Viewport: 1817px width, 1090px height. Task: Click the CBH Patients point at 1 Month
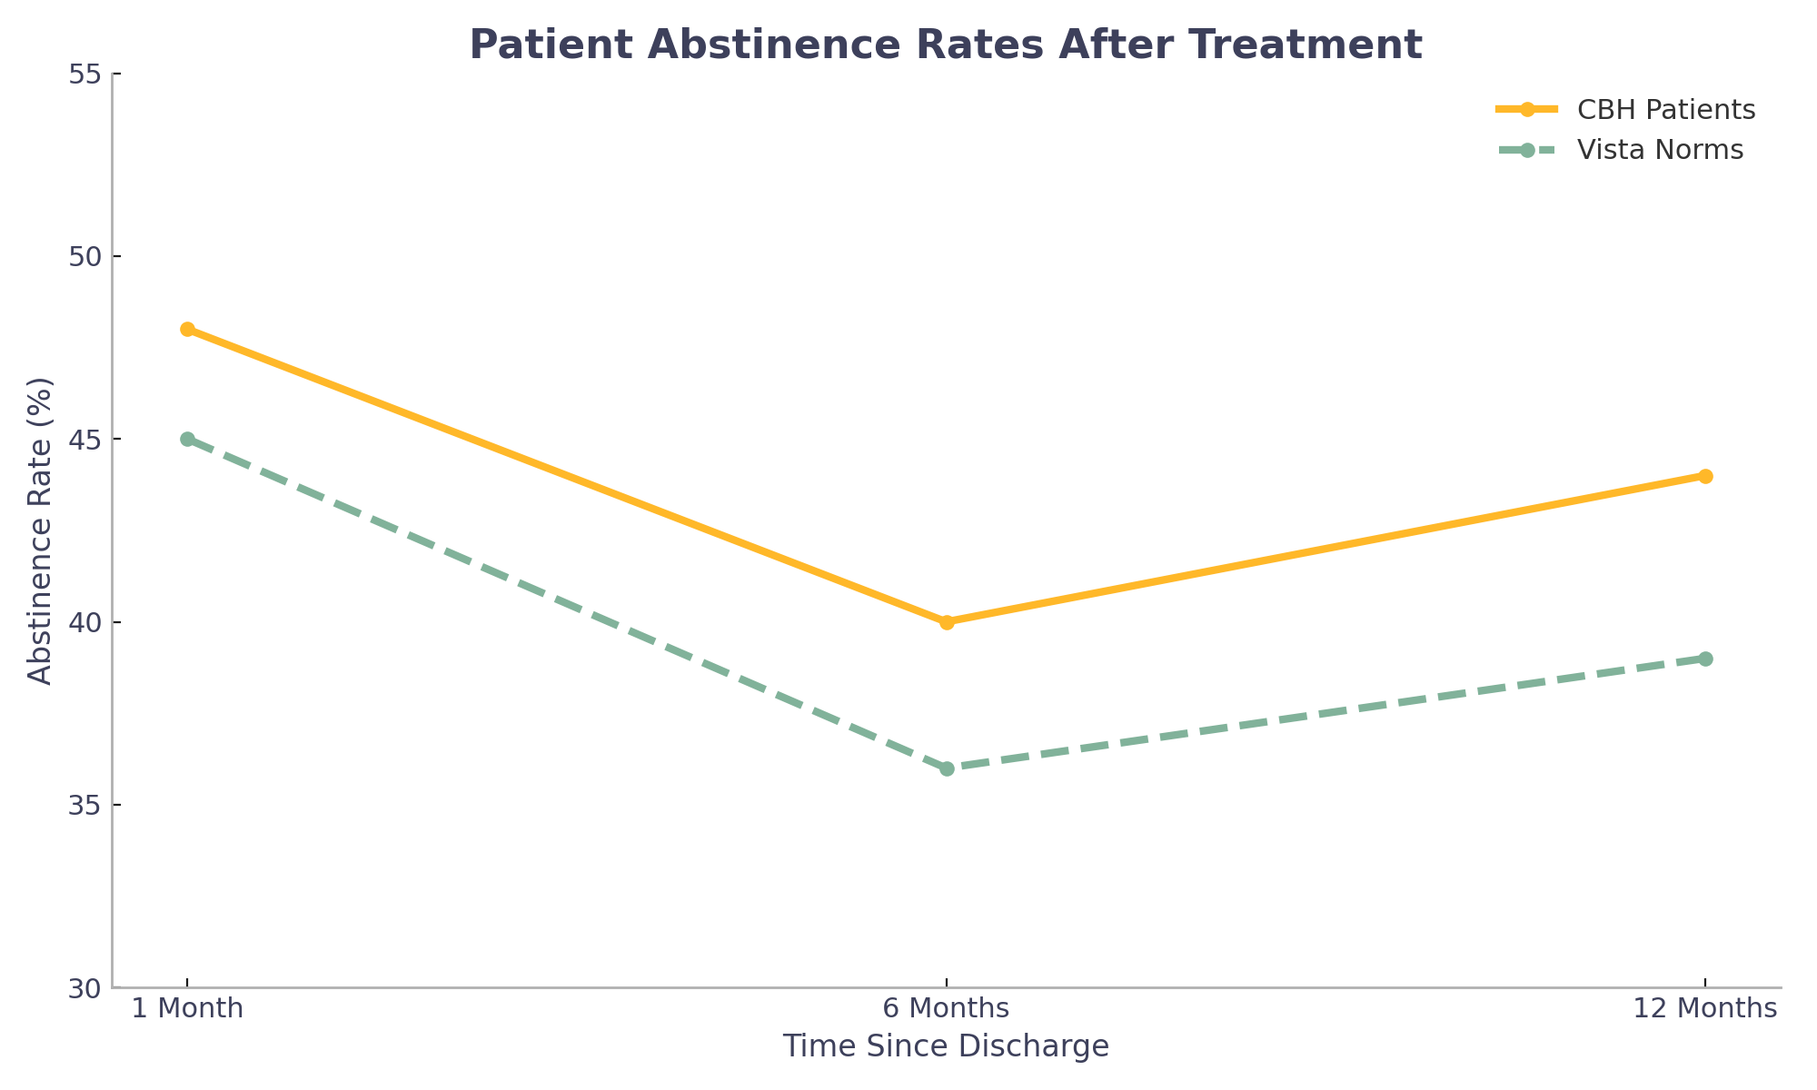187,329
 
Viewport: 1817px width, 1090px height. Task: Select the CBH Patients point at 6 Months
947,622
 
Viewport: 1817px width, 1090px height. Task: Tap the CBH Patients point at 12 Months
1705,476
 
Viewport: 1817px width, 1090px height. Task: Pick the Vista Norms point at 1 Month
187,439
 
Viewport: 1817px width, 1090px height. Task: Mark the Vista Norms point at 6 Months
947,768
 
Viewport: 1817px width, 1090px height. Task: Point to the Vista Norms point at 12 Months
1705,659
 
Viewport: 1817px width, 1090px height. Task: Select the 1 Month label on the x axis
187,1008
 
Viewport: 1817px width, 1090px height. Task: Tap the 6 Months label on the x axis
947,1008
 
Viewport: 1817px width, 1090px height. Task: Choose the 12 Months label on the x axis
1705,1008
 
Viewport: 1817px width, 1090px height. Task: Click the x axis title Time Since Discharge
947,1046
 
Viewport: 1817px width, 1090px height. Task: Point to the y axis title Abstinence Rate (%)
40,530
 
